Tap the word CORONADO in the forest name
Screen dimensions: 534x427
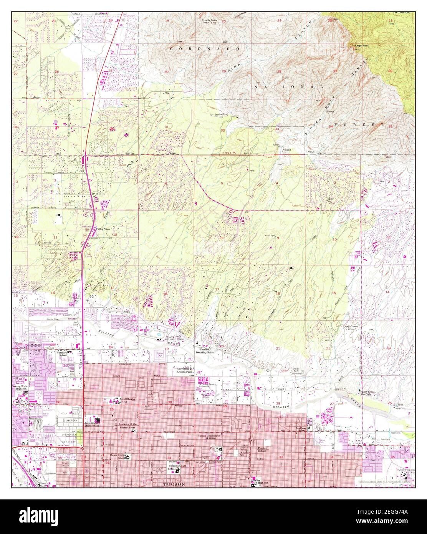coord(205,49)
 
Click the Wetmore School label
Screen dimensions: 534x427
coord(65,353)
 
